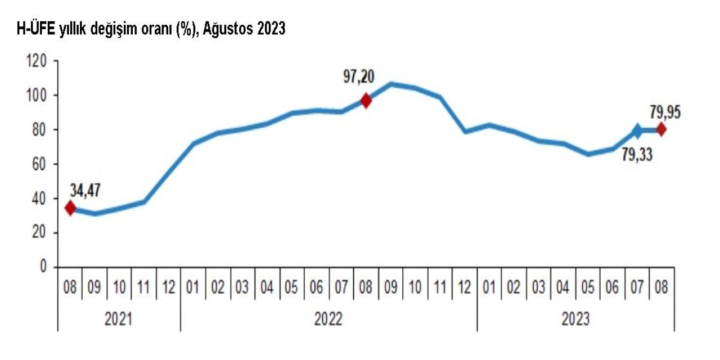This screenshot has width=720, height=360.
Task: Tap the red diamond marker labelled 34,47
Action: (70, 208)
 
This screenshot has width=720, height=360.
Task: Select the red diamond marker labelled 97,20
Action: (366, 101)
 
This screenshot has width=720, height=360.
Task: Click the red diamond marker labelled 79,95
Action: (661, 130)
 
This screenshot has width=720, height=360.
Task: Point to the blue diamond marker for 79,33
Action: (637, 131)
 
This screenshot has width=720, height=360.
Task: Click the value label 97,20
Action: (359, 76)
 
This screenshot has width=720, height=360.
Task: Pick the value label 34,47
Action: (85, 191)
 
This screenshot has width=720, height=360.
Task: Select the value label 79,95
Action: (665, 112)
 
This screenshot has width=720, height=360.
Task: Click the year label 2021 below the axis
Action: (119, 319)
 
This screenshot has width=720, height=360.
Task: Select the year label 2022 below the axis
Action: (329, 319)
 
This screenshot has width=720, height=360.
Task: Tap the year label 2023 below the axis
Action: (575, 319)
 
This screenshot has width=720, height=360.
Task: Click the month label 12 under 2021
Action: (168, 288)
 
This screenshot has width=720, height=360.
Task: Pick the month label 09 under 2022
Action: (391, 288)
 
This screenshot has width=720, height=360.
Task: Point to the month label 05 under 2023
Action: (588, 288)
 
